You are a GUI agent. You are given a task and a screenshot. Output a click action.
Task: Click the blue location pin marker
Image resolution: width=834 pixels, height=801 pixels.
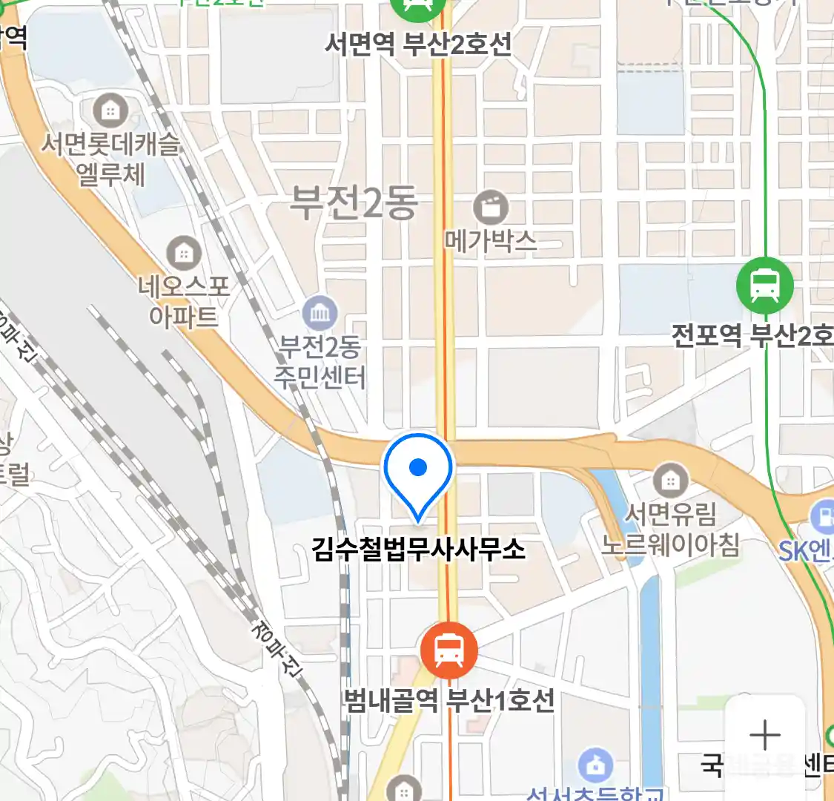tap(418, 472)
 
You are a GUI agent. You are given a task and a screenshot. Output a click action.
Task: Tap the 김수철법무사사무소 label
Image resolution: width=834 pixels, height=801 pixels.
tap(419, 550)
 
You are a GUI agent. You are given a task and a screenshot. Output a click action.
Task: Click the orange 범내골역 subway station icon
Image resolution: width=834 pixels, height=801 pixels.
tap(449, 650)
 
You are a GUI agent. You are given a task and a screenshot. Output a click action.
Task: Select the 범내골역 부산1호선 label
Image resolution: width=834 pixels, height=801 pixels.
tap(449, 700)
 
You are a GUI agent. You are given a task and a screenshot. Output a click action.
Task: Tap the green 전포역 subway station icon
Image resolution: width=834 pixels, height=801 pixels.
tap(764, 286)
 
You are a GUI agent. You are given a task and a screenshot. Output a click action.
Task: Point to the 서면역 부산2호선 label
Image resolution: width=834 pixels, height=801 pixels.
tap(418, 45)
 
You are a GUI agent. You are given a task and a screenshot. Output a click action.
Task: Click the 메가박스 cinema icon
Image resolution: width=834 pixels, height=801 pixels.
tap(490, 208)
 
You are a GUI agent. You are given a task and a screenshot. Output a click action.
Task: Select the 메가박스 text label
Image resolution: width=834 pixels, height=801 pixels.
tap(490, 240)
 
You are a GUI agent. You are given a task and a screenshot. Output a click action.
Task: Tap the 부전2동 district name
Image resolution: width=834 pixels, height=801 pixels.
tap(354, 202)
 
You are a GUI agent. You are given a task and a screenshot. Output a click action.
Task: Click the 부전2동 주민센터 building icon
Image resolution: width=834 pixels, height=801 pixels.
tap(320, 314)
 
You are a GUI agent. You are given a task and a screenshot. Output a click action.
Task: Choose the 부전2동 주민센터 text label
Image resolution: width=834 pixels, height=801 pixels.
tap(320, 362)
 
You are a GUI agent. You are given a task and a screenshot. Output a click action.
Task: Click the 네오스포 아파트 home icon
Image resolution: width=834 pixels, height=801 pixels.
tap(183, 254)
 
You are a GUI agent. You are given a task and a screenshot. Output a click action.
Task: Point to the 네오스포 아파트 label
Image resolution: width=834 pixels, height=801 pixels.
tap(184, 301)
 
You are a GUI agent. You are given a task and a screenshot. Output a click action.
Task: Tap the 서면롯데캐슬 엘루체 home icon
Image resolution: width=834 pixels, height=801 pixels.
tap(110, 112)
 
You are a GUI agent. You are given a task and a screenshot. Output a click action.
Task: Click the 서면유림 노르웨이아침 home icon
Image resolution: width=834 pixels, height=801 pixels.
tap(670, 481)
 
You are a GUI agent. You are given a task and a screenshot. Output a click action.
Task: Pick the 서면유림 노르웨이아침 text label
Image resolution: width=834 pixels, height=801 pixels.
tap(670, 529)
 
